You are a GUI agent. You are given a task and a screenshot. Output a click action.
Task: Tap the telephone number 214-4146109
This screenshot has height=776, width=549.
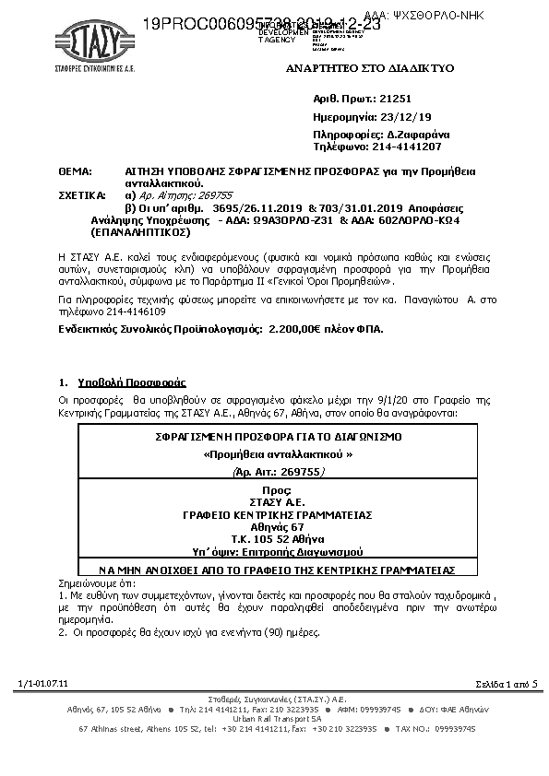coord(133,312)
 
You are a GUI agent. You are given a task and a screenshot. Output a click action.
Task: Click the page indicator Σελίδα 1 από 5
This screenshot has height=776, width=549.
coord(506,683)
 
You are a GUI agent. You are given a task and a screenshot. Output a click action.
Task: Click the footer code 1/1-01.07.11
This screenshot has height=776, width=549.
coord(42,683)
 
